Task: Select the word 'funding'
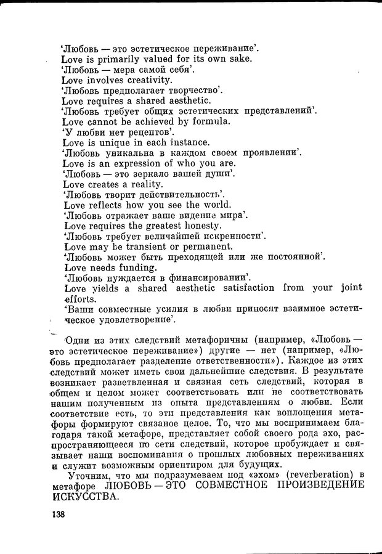[134, 267]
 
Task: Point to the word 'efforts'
[79, 298]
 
